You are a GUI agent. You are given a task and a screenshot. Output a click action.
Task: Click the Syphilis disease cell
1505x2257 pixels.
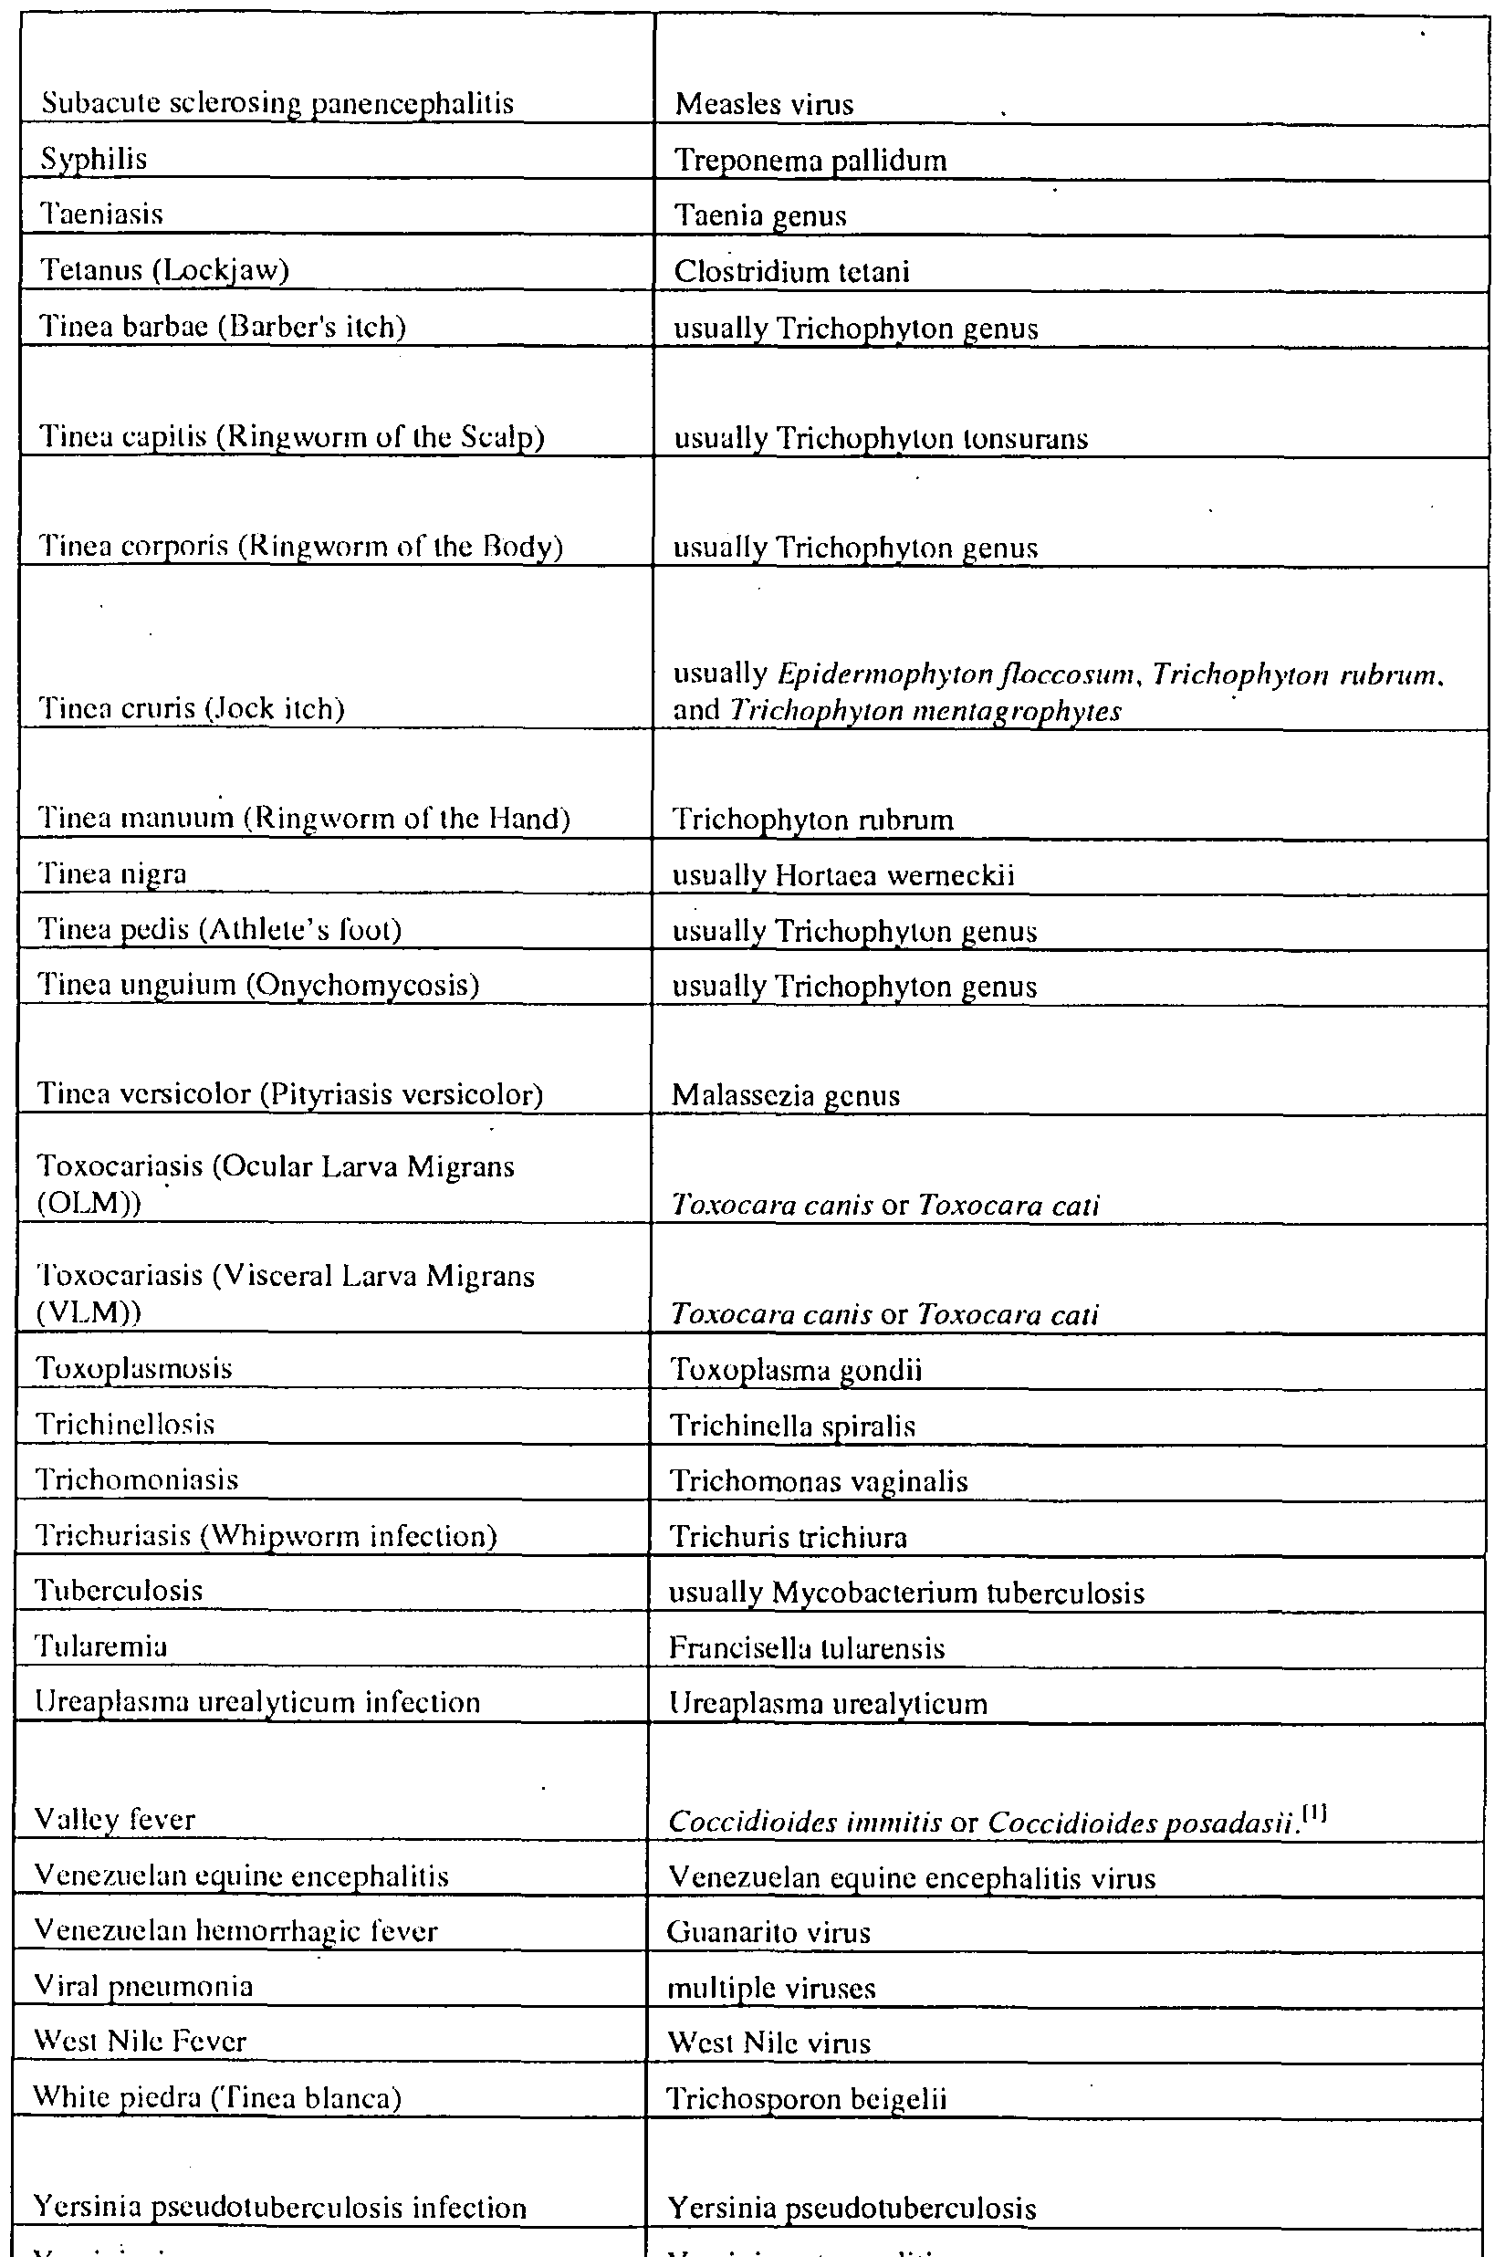(94, 158)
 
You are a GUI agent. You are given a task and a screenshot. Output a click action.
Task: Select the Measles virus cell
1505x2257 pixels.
(764, 104)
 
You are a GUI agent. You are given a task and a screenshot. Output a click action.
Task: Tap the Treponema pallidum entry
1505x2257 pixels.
(810, 161)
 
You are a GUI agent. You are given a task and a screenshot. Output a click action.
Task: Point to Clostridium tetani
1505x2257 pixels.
(791, 272)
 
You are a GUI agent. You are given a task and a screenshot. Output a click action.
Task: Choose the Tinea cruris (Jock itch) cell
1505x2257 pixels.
(191, 709)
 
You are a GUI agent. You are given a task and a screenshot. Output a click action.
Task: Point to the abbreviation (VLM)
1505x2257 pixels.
(89, 1311)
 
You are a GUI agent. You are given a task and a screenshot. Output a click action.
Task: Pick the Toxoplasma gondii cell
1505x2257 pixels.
(796, 1369)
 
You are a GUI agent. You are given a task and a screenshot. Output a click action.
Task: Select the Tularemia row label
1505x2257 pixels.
(101, 1646)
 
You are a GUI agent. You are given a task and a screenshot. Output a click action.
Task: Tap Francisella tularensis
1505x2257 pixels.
(806, 1648)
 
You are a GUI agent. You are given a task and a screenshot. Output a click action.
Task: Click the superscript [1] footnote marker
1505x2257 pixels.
(1315, 1813)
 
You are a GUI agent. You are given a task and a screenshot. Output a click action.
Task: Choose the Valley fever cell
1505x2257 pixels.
(115, 1820)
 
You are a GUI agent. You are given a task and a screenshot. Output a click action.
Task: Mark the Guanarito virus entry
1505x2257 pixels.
(768, 1932)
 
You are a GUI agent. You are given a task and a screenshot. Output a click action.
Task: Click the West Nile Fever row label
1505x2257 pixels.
(141, 2041)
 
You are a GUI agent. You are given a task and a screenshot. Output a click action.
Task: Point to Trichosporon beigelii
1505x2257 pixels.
(806, 2099)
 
